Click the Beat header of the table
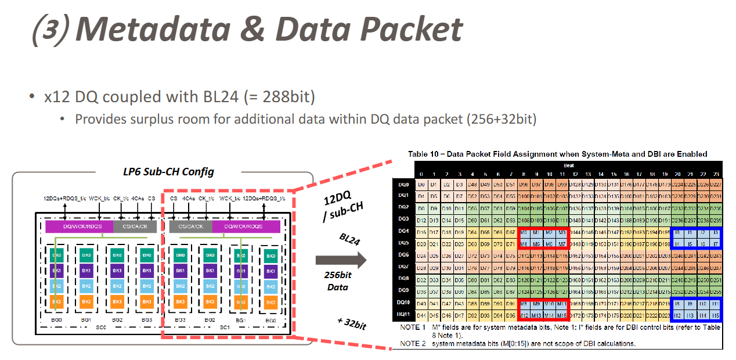click(x=568, y=165)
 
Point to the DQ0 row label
click(x=403, y=183)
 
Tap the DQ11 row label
click(x=403, y=315)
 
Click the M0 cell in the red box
click(x=524, y=232)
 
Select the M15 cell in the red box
click(x=561, y=315)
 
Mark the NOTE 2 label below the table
click(x=413, y=344)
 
